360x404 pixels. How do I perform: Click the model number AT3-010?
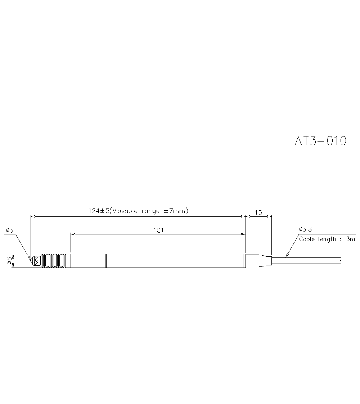click(x=321, y=141)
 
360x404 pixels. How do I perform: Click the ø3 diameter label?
click(x=10, y=230)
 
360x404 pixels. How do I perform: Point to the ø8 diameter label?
click(x=9, y=261)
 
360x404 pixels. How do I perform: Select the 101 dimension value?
click(x=158, y=230)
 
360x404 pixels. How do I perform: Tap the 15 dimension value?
click(x=258, y=212)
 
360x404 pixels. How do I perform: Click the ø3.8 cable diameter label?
click(x=306, y=229)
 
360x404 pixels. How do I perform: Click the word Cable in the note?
click(x=307, y=239)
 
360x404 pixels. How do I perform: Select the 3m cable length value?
click(x=351, y=239)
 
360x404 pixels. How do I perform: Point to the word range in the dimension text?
click(x=150, y=211)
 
